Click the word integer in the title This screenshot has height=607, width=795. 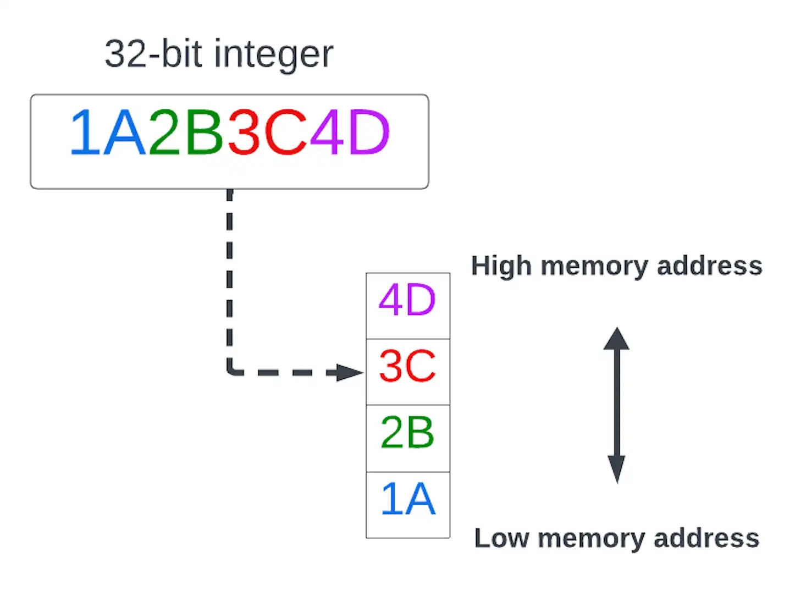click(273, 54)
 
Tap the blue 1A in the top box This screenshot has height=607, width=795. click(108, 133)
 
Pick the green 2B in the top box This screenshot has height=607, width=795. click(186, 133)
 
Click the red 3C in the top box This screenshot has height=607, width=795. click(267, 133)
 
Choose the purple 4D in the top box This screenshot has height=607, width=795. click(350, 133)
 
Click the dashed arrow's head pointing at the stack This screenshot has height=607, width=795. click(349, 373)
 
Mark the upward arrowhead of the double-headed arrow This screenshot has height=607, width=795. click(616, 339)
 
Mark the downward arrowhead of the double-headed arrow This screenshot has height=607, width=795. click(616, 471)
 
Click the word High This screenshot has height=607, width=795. click(501, 266)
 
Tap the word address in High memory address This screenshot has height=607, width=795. click(710, 266)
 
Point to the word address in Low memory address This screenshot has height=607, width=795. click(706, 538)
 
